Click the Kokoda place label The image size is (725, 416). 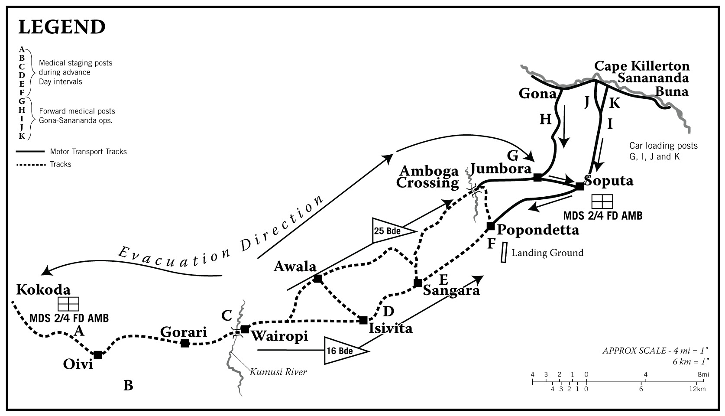(43, 289)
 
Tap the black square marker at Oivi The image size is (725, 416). (98, 355)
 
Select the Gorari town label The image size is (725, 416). (184, 332)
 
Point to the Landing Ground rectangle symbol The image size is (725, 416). (504, 252)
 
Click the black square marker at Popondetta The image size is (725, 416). (491, 226)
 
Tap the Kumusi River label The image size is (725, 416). (278, 372)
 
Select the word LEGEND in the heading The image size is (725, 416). (61, 27)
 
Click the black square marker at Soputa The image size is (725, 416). (579, 186)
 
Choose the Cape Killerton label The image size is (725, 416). (642, 66)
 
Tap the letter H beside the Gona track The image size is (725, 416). (545, 120)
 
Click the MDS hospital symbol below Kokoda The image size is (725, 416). (68, 304)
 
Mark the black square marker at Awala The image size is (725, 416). (317, 279)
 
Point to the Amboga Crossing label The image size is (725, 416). (427, 177)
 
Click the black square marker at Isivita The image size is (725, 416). (363, 320)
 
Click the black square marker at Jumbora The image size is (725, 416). (537, 177)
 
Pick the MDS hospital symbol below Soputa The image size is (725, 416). (602, 201)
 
